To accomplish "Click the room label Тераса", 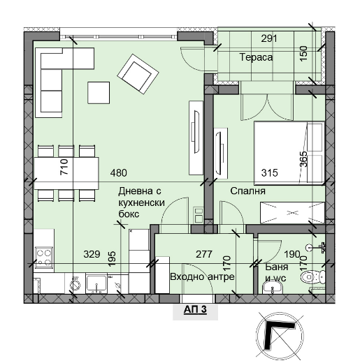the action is pos(256,57).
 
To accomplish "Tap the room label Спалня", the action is pos(247,191).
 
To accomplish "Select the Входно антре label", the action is pos(202,276).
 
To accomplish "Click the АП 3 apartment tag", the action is pos(195,309).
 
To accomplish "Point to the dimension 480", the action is pos(119,173).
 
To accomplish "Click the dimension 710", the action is pos(64,167).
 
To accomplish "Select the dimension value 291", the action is pos(269,38).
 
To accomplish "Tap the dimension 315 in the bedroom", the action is pos(270,173).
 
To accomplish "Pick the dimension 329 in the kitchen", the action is pos(92,254).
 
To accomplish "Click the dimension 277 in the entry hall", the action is pos(204,254).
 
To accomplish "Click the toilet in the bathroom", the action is pos(312,276).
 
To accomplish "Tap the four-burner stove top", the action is pos(44,257).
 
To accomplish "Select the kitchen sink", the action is pos(96,283).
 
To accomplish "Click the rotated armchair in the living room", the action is pos(138,74).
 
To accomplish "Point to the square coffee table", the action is pos(99,93).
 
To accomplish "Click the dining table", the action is pos(66,173).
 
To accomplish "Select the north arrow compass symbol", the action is pos(280,336).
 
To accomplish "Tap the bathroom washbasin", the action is pos(272,288).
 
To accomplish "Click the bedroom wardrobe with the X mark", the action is pos(292,213).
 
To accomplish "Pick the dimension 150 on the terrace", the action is pos(303,54).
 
